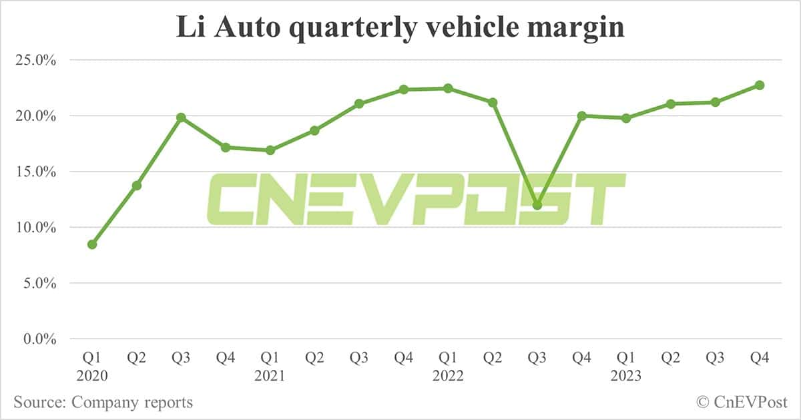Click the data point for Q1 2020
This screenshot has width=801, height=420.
[x=92, y=244]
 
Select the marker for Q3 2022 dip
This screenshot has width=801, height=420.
[x=537, y=205]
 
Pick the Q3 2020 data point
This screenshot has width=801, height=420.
[x=181, y=118]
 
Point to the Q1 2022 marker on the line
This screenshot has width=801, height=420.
[x=448, y=88]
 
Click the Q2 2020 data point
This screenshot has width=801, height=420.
[x=137, y=185]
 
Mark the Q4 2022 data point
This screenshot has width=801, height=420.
[x=581, y=116]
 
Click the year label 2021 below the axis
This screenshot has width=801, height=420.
[x=270, y=377]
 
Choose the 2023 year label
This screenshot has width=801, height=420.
[x=625, y=377]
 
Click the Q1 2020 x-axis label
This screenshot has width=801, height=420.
[x=92, y=359]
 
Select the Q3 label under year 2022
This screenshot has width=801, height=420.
[x=537, y=359]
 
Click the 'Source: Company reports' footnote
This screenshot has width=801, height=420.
[x=103, y=403]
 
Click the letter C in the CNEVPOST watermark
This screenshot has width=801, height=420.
[x=230, y=199]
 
